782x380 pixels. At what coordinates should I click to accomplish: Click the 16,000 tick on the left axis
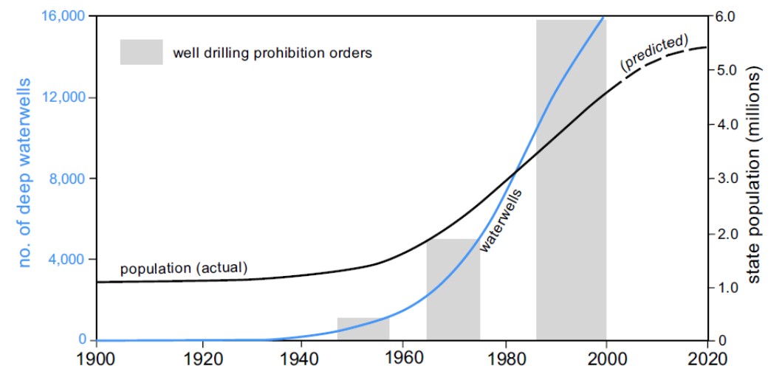coord(64,16)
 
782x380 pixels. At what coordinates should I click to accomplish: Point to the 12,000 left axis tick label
coord(64,97)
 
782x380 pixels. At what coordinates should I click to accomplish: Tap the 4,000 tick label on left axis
coord(68,260)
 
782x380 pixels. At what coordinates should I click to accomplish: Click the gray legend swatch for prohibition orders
coord(141,52)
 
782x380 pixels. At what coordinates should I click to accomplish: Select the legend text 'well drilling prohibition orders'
coord(272,53)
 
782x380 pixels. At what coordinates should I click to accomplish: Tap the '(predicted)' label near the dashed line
coord(654,52)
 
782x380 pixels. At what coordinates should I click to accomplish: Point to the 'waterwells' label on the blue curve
coord(501,221)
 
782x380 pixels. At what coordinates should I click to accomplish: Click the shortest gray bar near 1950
coord(363,329)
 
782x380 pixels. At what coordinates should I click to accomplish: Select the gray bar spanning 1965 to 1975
coord(453,289)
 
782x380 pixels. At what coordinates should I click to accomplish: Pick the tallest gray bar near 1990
coord(571,180)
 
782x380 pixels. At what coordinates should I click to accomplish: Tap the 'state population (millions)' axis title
coord(755,177)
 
